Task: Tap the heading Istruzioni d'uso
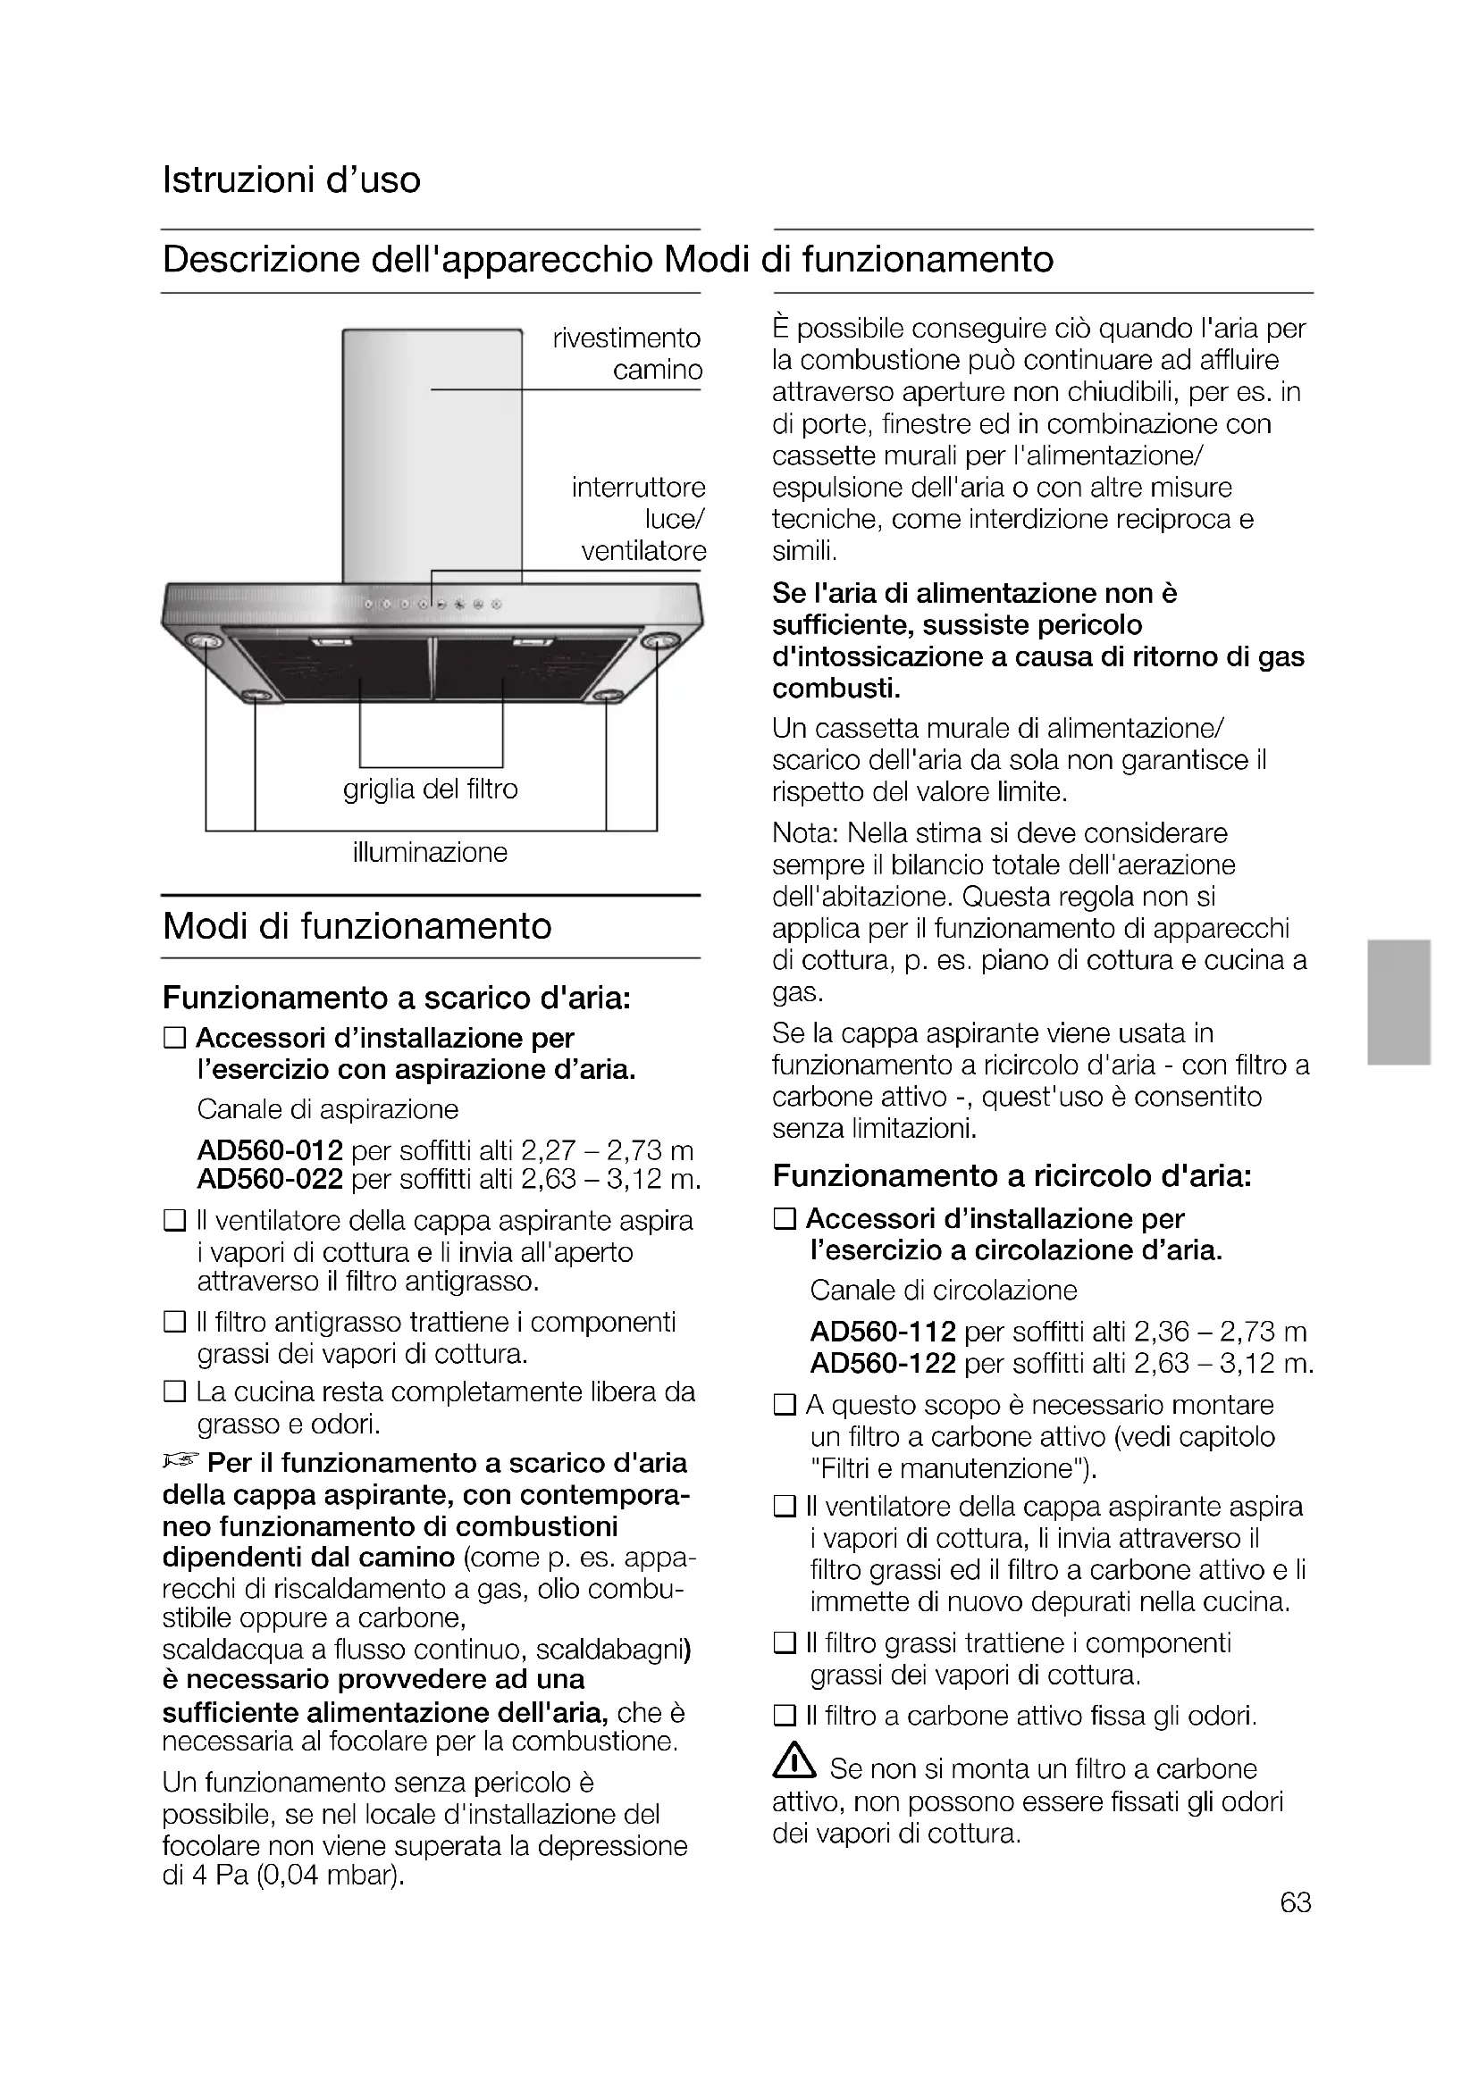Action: coord(291,180)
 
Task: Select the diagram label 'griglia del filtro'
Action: coord(431,789)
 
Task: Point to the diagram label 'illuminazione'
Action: coord(430,853)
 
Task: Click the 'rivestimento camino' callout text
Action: coord(628,354)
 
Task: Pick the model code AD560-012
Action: coord(270,1151)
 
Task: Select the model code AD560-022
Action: coord(270,1180)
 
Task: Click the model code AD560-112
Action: coord(883,1333)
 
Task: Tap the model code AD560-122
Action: coord(883,1364)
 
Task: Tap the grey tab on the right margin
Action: coord(1398,1002)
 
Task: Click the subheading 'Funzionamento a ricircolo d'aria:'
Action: coord(1012,1176)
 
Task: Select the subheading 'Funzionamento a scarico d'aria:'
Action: coord(397,999)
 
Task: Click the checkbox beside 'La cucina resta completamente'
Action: coord(174,1392)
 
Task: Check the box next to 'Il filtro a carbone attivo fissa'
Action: coord(784,1717)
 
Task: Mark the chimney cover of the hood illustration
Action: coord(432,455)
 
